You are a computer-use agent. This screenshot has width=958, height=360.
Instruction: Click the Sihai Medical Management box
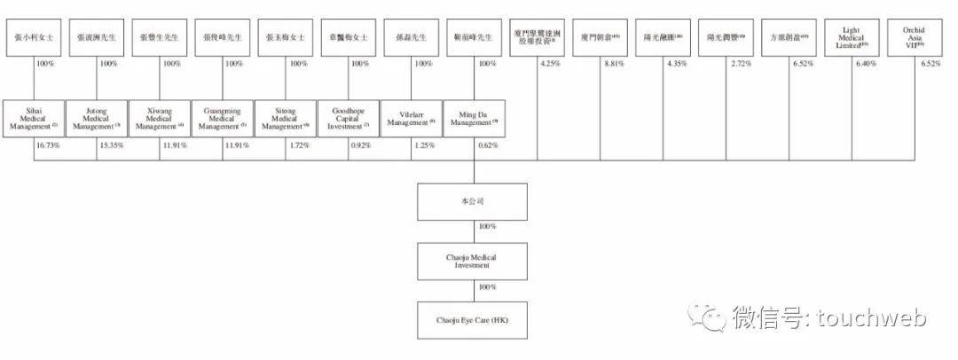click(34, 117)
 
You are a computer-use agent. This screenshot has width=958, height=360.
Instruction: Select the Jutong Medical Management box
click(96, 117)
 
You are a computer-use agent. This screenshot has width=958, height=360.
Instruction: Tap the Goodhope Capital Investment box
click(348, 117)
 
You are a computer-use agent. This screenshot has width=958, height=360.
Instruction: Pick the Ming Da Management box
click(474, 117)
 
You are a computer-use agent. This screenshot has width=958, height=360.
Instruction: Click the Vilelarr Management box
click(411, 117)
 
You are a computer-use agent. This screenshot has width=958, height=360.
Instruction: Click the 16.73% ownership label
click(48, 145)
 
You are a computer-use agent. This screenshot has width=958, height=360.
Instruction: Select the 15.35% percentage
click(110, 145)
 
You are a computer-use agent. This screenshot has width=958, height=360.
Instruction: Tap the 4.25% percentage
click(551, 64)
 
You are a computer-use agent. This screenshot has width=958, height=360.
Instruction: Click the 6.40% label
click(867, 64)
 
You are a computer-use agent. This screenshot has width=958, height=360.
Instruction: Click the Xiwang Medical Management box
click(159, 117)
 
